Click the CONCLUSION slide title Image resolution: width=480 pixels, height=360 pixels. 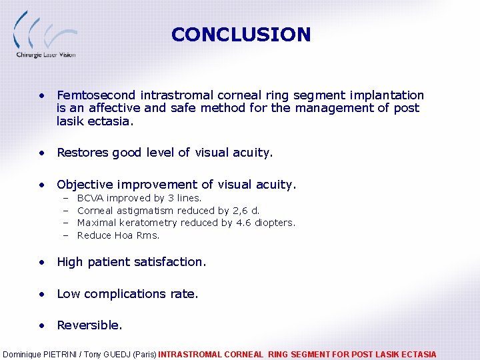pos(241,34)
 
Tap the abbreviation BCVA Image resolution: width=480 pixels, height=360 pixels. pos(91,198)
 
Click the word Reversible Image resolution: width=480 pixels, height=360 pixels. pos(89,325)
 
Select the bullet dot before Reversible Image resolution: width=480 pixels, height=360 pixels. pos(42,326)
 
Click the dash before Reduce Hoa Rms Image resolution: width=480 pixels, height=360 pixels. pos(65,235)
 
